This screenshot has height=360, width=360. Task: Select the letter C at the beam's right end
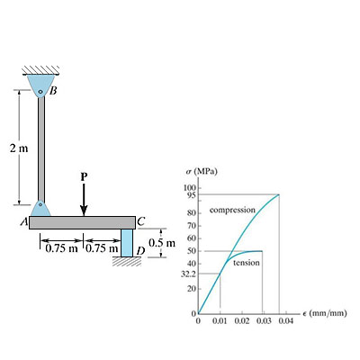pos(141,221)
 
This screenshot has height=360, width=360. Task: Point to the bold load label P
pos(83,176)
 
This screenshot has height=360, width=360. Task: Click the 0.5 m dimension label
pos(162,243)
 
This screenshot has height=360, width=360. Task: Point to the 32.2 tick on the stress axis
pos(189,273)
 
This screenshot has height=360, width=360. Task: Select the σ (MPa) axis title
pos(201,170)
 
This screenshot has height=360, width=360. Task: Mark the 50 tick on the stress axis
pos(192,251)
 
